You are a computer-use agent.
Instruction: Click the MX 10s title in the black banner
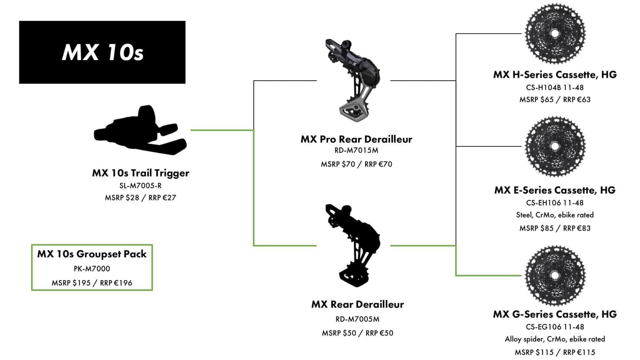[103, 52]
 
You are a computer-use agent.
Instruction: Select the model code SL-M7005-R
[140, 186]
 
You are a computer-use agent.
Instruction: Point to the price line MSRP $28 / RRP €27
[140, 198]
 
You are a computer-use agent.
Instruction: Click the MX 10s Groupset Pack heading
[92, 254]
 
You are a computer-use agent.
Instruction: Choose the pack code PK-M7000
[92, 268]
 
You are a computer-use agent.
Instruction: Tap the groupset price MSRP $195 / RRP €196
[92, 283]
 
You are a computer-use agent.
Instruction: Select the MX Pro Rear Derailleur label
[356, 139]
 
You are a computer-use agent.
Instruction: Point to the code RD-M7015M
[356, 150]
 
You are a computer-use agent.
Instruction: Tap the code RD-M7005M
[357, 319]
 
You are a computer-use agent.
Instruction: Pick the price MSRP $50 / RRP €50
[357, 333]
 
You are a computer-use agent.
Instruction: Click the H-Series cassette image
[555, 33]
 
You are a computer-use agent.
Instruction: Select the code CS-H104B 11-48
[555, 87]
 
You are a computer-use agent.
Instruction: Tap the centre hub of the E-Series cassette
[555, 146]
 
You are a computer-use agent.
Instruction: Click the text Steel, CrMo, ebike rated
[555, 215]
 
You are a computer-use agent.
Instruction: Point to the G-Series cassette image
[555, 275]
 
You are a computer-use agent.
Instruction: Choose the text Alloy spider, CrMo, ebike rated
[555, 339]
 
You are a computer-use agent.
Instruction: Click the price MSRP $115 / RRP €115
[555, 352]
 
